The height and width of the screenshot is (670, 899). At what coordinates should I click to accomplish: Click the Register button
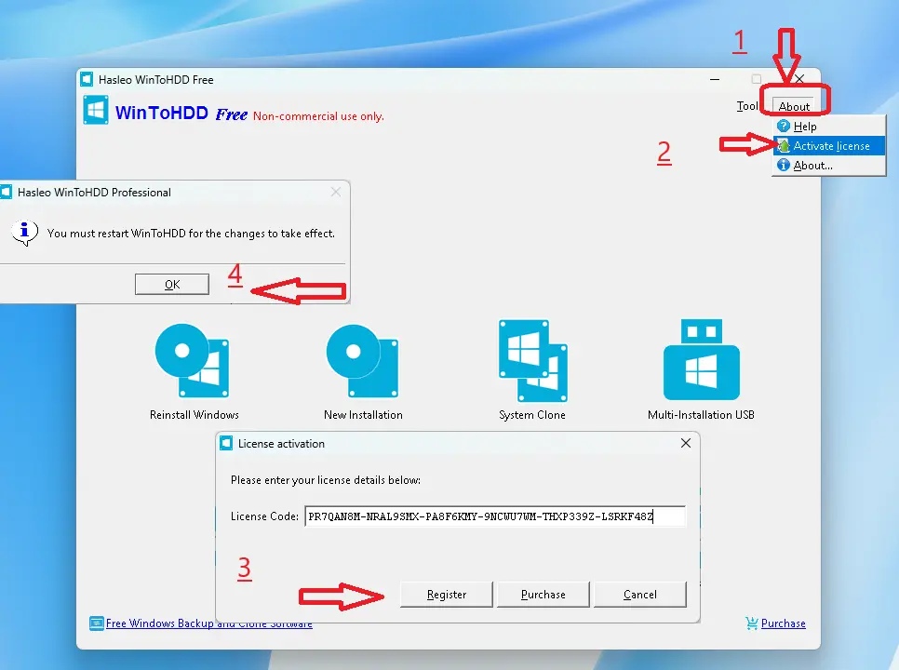(x=446, y=595)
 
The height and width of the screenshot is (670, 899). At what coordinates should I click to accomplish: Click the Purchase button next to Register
(x=543, y=595)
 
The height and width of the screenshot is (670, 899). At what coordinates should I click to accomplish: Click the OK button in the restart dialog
(x=172, y=284)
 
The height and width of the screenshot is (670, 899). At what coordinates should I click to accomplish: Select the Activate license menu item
(x=829, y=146)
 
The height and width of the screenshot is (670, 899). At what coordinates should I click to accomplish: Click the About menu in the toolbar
(x=794, y=107)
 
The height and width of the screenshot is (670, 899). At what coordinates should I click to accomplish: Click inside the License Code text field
(x=495, y=516)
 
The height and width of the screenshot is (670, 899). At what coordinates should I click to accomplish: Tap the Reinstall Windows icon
(x=193, y=360)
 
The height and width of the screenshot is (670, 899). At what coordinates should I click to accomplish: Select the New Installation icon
(x=362, y=360)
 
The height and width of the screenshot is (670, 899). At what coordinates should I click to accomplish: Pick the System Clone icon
(x=532, y=360)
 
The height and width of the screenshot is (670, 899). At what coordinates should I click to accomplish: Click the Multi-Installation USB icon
(x=701, y=359)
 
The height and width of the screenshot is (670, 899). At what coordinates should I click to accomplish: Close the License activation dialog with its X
(x=686, y=443)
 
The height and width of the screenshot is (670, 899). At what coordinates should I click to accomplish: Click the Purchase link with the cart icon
(x=776, y=623)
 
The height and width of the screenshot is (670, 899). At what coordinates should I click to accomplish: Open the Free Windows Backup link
(x=201, y=623)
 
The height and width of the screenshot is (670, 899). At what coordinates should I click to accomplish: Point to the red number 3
(x=244, y=568)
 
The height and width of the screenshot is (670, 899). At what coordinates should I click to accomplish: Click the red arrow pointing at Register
(x=342, y=596)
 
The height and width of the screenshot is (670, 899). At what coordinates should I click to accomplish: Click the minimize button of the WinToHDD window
(x=715, y=79)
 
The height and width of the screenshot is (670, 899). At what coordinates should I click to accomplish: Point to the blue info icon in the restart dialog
(x=24, y=233)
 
